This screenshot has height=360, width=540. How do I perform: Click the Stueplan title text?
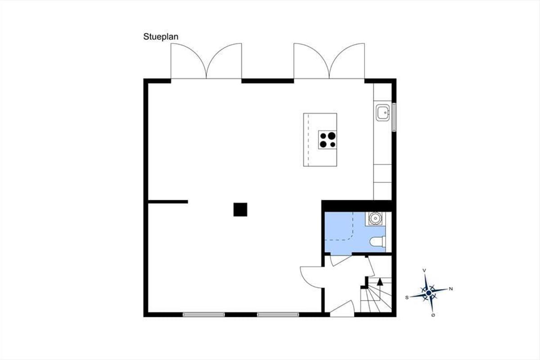click(161, 37)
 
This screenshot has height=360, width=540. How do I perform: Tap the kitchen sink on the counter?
click(383, 112)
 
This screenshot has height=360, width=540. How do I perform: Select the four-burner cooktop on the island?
click(328, 140)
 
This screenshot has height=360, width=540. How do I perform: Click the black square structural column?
click(240, 210)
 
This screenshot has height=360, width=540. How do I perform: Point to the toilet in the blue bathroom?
click(378, 242)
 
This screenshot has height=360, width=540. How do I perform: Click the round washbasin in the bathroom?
click(375, 218)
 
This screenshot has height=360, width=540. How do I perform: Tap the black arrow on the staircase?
click(380, 282)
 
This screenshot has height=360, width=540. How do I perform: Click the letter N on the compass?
click(451, 289)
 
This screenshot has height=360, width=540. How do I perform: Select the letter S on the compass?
click(407, 297)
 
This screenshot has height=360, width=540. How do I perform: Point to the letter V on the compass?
click(424, 270)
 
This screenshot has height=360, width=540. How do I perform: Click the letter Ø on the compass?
click(433, 315)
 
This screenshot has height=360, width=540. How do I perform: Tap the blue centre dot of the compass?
click(428, 293)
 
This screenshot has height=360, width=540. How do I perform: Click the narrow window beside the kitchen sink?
click(394, 117)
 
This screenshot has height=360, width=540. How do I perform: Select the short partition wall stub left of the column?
click(168, 202)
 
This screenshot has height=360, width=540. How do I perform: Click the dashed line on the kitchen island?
click(308, 140)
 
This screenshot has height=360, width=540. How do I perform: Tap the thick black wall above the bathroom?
click(358, 206)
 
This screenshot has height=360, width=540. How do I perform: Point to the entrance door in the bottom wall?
click(342, 309)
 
